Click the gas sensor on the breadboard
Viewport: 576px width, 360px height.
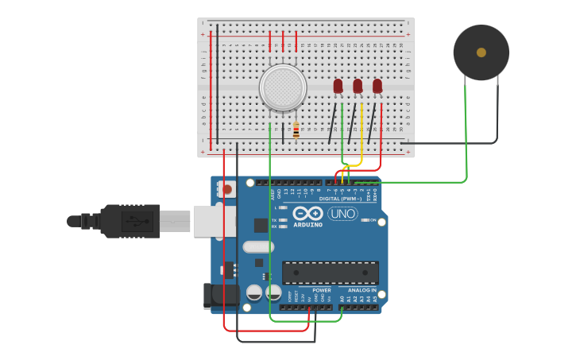coord(283,87)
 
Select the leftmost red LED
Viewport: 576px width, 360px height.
coord(338,86)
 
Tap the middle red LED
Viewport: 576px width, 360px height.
coord(358,86)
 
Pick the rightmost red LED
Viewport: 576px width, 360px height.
coord(377,86)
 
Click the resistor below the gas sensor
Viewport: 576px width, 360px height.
coord(296,130)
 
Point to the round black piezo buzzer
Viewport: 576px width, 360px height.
coord(481,52)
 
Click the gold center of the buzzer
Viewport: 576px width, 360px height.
coord(481,52)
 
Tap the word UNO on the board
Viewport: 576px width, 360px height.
coord(342,214)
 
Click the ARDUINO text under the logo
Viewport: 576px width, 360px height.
coord(308,225)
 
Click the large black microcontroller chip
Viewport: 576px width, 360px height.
coord(330,273)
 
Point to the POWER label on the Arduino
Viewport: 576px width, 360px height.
coord(322,291)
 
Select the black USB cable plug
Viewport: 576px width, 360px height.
coord(131,221)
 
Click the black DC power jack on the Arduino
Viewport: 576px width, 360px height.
coord(220,295)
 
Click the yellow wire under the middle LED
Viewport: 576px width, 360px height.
coord(361,135)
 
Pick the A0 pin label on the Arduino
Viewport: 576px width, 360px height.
coord(342,299)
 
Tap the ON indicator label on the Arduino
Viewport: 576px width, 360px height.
coord(373,220)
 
